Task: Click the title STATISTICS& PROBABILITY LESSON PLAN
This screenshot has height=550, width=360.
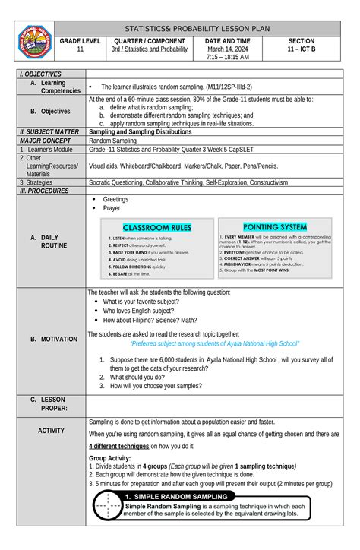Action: click(207, 27)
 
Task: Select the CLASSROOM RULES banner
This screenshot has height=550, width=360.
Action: click(157, 227)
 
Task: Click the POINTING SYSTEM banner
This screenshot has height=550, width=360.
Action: click(274, 226)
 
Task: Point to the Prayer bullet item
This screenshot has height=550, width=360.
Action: click(112, 207)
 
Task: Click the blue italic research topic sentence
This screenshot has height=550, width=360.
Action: click(213, 343)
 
